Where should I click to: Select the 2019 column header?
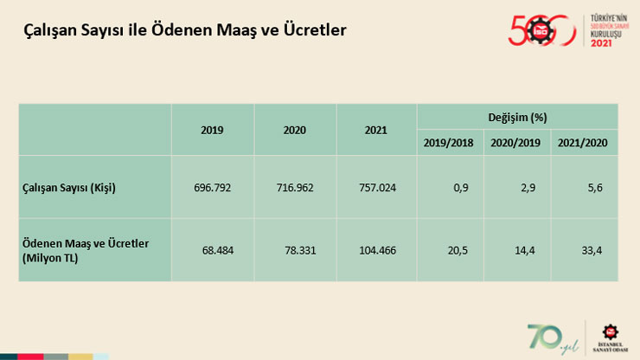coord(212,130)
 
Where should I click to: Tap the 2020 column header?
coord(295,130)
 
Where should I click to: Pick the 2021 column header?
coord(376,130)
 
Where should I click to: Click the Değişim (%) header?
coord(516,116)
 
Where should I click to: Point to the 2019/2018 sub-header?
coord(448,142)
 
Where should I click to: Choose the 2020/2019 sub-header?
coord(516,142)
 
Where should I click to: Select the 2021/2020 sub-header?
coord(584,142)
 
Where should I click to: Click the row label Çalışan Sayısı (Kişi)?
coord(69,187)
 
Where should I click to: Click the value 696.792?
coord(214,187)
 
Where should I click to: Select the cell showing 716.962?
coord(295,187)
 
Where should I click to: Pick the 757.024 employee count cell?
coord(376,187)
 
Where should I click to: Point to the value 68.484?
coord(219,249)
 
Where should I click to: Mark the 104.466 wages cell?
coord(376,249)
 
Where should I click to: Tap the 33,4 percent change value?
coord(592,249)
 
